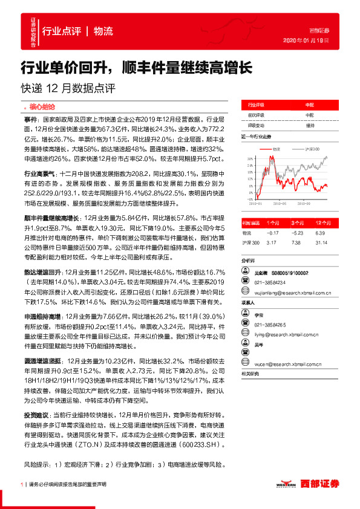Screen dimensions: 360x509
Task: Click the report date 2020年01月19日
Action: click(305, 41)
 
